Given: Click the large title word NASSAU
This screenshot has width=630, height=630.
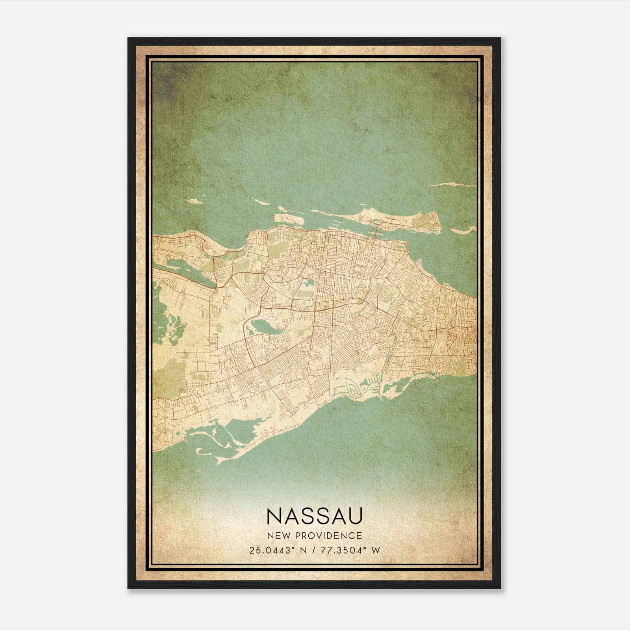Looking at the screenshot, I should pos(314,516).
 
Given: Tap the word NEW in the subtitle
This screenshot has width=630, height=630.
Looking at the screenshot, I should pos(278,535).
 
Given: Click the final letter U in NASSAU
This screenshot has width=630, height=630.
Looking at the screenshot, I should pos(353,516).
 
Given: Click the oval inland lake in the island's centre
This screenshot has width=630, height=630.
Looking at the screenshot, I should pos(263,326).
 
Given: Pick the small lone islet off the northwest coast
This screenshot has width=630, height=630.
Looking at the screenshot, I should pos(193,202).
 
